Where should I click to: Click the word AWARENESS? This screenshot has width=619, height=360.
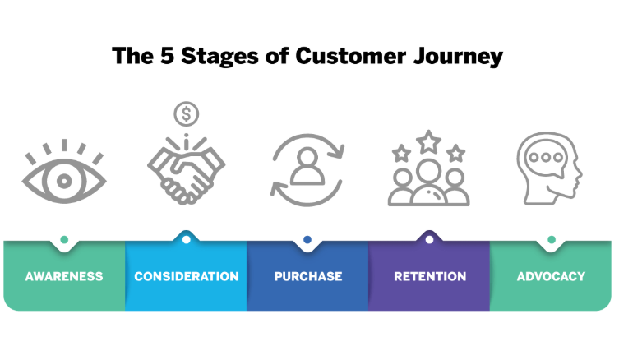pos(64,276)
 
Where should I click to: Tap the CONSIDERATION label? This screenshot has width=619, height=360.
pos(187,276)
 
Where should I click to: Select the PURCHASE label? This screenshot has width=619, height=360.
pos(308,276)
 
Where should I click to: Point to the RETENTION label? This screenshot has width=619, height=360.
pos(430,276)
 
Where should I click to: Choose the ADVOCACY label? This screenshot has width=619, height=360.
pos(551,276)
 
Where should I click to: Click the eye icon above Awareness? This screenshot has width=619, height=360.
pos(64,173)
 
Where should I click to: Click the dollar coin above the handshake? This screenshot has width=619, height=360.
pos(187,114)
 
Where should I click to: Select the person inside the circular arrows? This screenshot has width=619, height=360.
pos(307,166)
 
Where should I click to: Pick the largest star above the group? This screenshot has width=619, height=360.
pos(429,142)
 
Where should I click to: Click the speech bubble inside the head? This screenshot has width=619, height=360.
pos(547,159)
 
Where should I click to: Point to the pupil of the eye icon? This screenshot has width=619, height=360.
pos(64,181)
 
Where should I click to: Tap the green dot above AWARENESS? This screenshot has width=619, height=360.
pos(64,240)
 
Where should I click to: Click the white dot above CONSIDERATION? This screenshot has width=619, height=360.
pos(187,240)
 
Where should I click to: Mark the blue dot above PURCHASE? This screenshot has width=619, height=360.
pos(307,240)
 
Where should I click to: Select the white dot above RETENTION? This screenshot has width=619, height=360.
pos(429,240)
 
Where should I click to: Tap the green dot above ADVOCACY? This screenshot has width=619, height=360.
pos(552,240)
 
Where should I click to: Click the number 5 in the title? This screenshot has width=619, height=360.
pos(167,56)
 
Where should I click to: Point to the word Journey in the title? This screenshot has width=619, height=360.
pos(458,58)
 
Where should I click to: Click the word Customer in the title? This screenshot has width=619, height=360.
pos(350,56)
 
